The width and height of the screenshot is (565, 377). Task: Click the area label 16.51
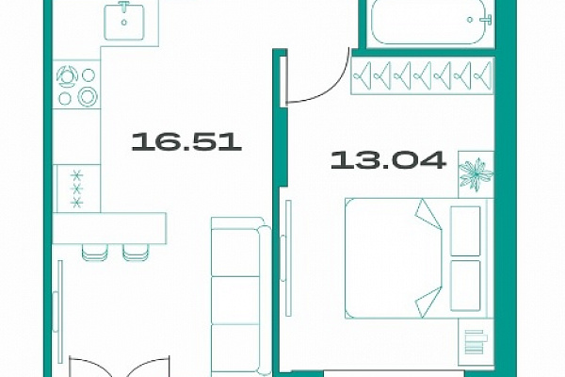[186, 141]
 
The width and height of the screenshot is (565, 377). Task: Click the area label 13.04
[388, 160]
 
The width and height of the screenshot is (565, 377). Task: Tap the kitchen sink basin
[124, 22]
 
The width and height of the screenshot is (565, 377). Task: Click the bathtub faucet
[486, 20]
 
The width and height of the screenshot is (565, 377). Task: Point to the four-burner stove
[76, 86]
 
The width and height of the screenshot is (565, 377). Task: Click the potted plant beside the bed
[476, 174]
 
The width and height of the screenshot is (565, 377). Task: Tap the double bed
[419, 258]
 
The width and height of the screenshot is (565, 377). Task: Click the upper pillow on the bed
[465, 231]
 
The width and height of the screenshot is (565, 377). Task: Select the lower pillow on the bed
[465, 286]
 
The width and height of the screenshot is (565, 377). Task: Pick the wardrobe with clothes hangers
[422, 75]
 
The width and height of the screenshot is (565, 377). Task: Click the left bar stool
[95, 253]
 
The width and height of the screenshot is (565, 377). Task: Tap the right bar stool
[136, 253]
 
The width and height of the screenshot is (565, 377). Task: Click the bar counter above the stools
[109, 228]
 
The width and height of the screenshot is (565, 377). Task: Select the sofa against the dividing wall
[241, 297]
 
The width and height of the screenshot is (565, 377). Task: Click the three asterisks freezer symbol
[76, 189]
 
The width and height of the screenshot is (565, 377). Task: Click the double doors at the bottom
[119, 367]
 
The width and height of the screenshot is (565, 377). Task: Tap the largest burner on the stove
[88, 97]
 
